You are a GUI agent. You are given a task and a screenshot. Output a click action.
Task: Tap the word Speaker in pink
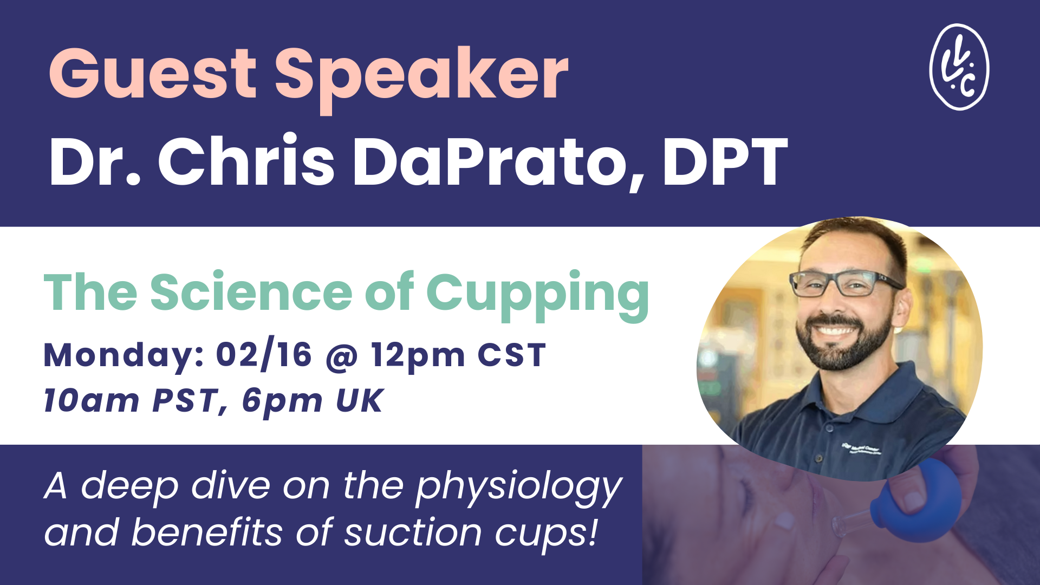[421, 74]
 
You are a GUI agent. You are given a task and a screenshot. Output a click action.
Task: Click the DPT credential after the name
[725, 162]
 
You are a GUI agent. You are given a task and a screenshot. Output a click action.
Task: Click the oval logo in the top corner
[959, 67]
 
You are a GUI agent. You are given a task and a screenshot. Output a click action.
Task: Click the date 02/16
[264, 355]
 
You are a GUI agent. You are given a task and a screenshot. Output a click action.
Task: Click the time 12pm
[418, 356]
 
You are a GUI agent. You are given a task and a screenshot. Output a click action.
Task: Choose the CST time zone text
[511, 355]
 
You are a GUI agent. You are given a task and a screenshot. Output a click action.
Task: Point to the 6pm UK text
[313, 401]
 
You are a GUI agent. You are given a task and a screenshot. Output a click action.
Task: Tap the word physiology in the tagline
[519, 486]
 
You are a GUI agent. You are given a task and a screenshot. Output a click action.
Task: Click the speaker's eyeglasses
[845, 283]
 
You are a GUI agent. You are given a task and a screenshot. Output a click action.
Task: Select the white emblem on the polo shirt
[861, 448]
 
